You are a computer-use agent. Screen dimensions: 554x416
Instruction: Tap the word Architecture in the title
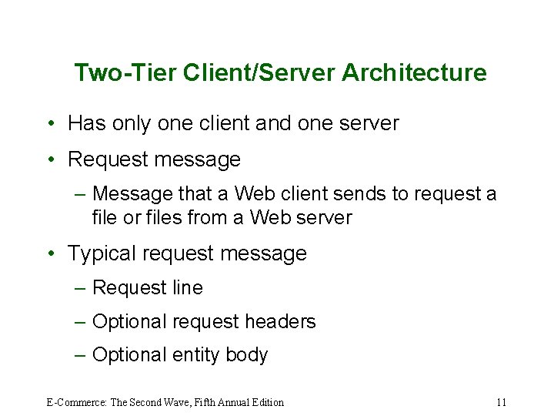click(414, 72)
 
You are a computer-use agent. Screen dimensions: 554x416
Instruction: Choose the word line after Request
click(188, 288)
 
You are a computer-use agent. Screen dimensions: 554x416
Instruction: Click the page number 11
click(502, 402)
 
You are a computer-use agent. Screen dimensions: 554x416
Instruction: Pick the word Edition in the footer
click(266, 402)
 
